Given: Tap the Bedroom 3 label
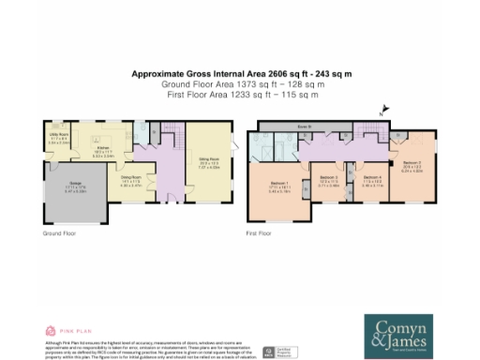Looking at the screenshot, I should click(327, 177).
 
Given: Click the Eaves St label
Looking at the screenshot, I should click(305, 126).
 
